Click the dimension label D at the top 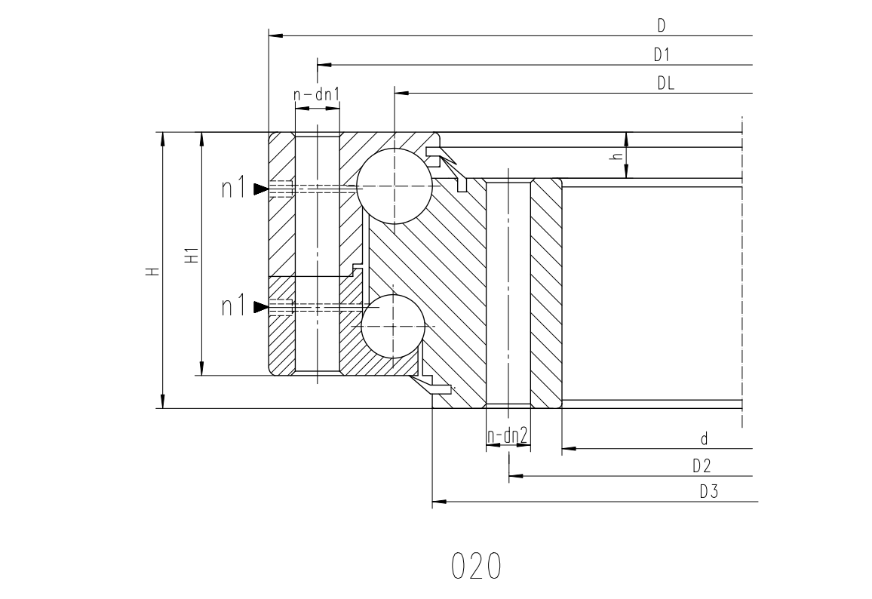662,25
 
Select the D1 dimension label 662,54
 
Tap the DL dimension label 665,84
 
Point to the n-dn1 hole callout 316,95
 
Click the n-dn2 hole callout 507,437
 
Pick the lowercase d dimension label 704,439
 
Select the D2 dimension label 702,465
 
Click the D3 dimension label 708,492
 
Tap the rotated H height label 152,272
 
